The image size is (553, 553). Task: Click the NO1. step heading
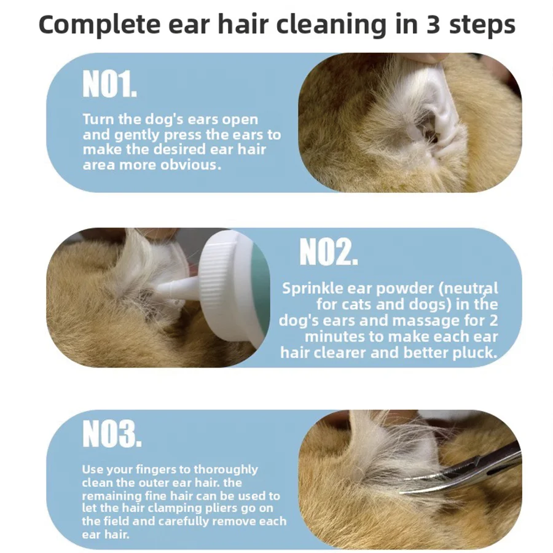110,85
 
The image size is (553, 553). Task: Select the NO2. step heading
328,253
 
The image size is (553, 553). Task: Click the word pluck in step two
477,352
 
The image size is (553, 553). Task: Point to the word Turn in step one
98,119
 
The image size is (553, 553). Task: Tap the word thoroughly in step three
224,469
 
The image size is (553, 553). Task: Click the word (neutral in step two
466,288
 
